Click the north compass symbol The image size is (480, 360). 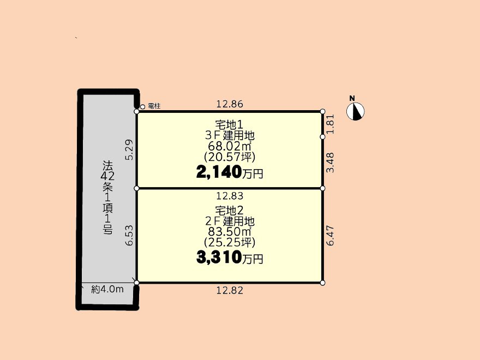356,111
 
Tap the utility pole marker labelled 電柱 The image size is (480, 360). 142,107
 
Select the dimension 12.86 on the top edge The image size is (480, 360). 230,104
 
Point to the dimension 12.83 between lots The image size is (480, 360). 230,196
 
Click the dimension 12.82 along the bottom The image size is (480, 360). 230,291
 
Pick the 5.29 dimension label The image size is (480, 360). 130,149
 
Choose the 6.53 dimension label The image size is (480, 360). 130,235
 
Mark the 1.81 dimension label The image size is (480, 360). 331,124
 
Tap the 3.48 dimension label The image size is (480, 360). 331,163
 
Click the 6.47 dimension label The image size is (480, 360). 331,236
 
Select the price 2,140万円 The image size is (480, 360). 230,173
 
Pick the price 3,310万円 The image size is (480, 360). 230,258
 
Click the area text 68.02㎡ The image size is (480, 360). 230,146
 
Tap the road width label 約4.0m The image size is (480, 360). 107,289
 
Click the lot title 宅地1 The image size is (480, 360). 230,124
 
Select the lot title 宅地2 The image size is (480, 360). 230,211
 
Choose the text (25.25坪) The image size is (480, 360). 230,242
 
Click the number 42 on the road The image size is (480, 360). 107,176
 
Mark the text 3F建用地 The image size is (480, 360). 230,135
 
